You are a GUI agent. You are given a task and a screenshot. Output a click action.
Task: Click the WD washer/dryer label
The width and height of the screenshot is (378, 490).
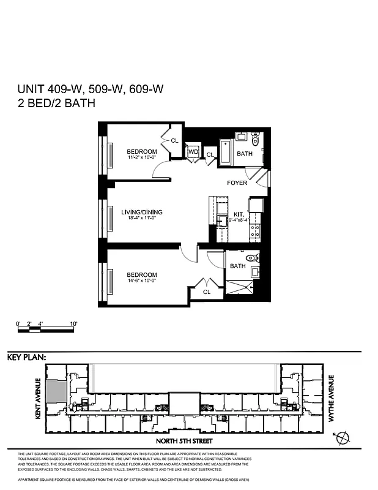coord(193,151)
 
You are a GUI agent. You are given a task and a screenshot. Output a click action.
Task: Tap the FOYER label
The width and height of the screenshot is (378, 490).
coord(237,183)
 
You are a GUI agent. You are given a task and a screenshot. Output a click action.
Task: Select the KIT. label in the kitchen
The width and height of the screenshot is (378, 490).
coord(239,214)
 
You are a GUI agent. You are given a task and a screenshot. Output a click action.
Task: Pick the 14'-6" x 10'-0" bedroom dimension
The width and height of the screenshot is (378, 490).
coord(142,281)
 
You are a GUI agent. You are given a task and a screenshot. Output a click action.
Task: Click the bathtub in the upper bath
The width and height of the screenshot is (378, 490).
coord(224,154)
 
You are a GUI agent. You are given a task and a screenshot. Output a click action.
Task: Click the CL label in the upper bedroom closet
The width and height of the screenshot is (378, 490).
coord(174,140)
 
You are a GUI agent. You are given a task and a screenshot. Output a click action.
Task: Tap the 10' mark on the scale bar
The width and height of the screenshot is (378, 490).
coord(73,323)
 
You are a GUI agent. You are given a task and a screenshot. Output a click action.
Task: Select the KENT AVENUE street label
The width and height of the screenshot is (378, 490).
coord(37,398)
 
